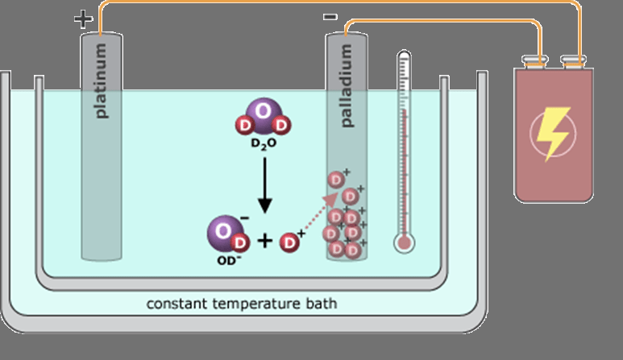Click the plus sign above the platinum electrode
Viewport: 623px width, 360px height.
coord(82,19)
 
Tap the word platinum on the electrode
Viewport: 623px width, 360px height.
coord(102,81)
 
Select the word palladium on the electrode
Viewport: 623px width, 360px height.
coord(347,86)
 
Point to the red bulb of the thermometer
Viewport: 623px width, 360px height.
coord(404,242)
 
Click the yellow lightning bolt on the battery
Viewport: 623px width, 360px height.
coord(553,134)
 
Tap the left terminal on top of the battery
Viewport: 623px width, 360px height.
coord(534,61)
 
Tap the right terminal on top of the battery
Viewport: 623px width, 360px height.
coord(572,61)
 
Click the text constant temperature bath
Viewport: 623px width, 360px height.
coord(241,304)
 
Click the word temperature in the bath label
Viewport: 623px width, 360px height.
coord(258,304)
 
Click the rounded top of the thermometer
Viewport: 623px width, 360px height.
coord(404,57)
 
